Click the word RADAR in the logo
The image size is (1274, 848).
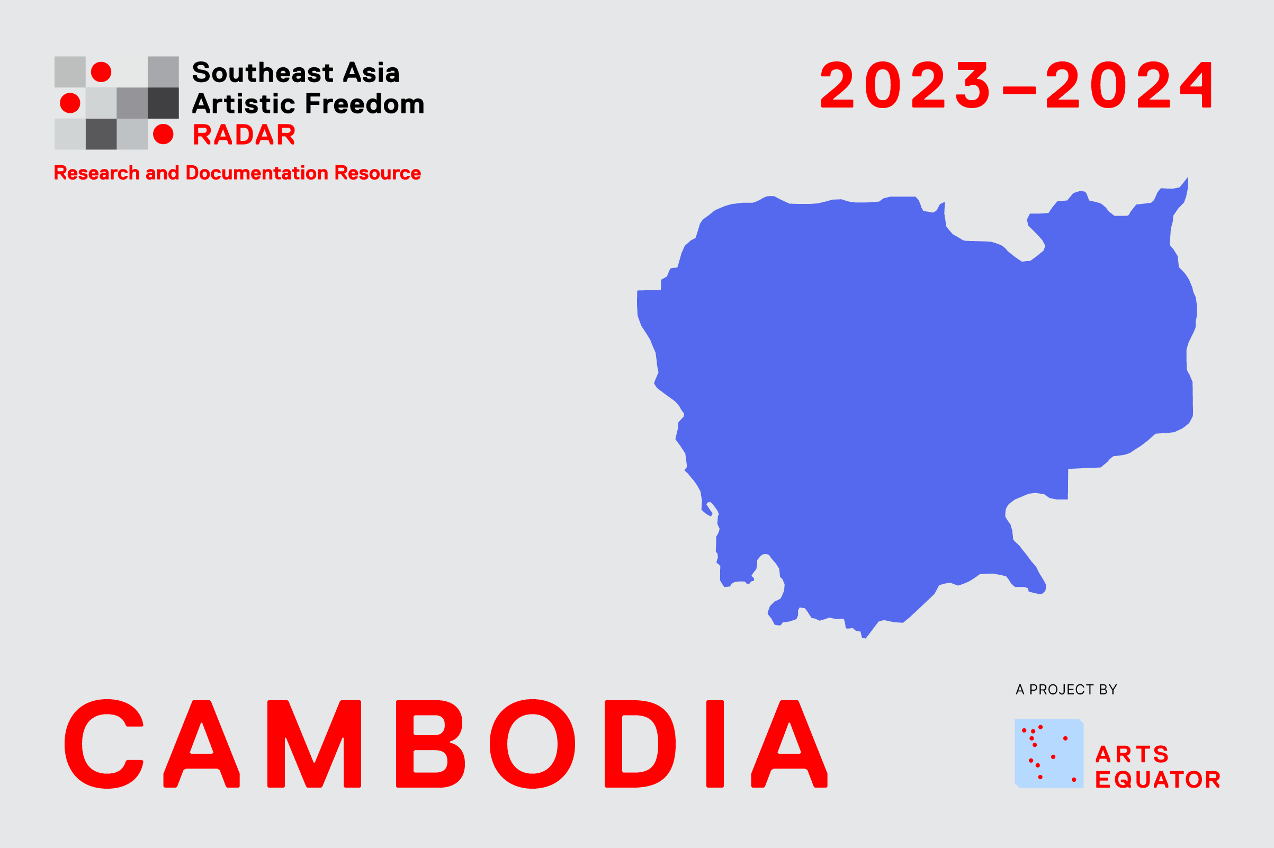tap(244, 135)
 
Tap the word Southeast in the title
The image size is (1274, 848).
tap(263, 73)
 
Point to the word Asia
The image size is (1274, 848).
tap(371, 73)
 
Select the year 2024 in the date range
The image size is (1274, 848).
tap(1130, 84)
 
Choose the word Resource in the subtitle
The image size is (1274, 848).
tap(378, 173)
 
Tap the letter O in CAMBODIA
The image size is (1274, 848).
tap(532, 744)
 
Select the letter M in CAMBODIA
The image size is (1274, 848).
tap(314, 744)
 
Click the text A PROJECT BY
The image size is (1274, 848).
tap(1066, 690)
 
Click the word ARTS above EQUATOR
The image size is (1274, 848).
tap(1132, 754)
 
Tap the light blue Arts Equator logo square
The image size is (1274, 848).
tap(1049, 753)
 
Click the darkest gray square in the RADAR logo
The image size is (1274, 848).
tap(163, 103)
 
